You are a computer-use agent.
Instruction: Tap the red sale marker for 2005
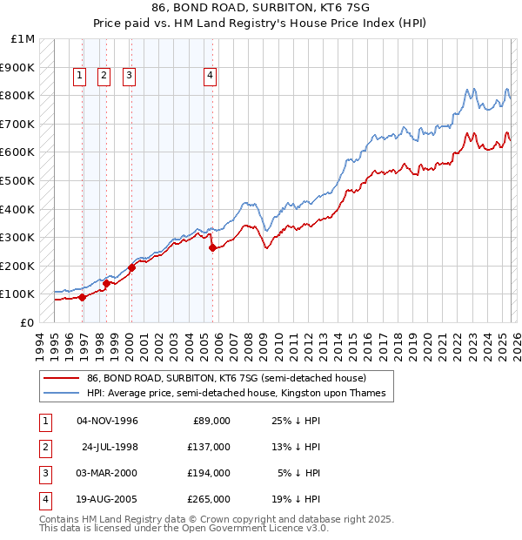(213, 248)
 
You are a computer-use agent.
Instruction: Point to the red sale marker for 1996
(83, 297)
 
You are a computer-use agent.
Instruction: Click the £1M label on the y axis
(23, 39)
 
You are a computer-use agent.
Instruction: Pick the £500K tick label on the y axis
(18, 181)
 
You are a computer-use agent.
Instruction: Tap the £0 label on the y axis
(27, 322)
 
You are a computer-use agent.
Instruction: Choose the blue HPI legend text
(236, 394)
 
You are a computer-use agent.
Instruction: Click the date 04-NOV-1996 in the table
(107, 421)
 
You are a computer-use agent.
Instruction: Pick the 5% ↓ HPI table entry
(298, 473)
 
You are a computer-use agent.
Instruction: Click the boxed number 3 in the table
(44, 473)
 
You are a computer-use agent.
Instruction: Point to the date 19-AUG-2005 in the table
(107, 499)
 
